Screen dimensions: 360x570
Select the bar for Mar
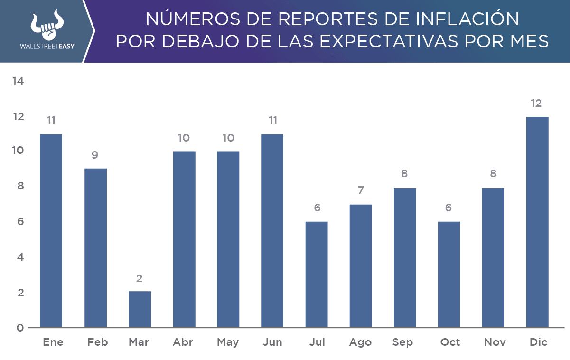click(x=140, y=309)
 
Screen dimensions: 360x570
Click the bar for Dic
click(x=537, y=222)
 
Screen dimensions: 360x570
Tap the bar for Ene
click(x=51, y=230)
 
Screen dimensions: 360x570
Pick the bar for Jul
click(x=317, y=274)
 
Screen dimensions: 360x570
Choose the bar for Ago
click(x=361, y=265)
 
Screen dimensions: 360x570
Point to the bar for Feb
click(x=95, y=247)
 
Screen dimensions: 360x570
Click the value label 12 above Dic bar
click(x=537, y=104)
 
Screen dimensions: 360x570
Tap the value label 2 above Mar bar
click(x=140, y=278)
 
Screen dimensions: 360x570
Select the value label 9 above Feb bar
click(x=95, y=155)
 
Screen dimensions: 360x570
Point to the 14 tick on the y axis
click(x=18, y=81)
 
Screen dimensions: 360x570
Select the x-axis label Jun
click(x=272, y=342)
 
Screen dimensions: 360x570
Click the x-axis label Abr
click(x=184, y=342)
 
